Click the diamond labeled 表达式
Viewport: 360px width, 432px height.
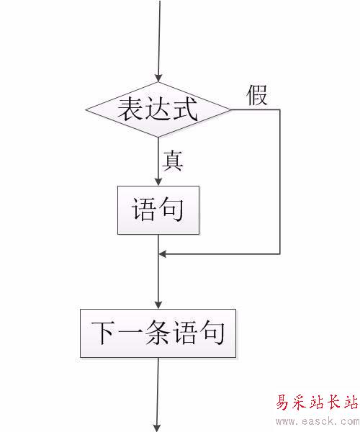pyautogui.click(x=158, y=109)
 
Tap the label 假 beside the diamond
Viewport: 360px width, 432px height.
pyautogui.click(x=257, y=95)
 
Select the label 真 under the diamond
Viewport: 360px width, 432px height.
pyautogui.click(x=173, y=161)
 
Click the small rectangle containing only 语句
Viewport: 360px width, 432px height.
pyautogui.click(x=158, y=210)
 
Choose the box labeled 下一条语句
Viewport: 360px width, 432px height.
pyautogui.click(x=158, y=333)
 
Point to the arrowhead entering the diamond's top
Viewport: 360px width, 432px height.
pyautogui.click(x=158, y=78)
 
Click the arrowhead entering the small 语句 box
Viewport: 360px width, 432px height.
pyautogui.click(x=158, y=182)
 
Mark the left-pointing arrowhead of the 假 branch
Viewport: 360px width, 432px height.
pyautogui.click(x=163, y=253)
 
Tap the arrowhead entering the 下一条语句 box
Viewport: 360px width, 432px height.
pyautogui.click(x=158, y=305)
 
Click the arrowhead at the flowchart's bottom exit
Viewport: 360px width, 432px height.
pyautogui.click(x=157, y=428)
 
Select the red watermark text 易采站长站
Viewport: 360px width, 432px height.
pyautogui.click(x=317, y=402)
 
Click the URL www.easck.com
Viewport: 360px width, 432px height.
pyautogui.click(x=318, y=421)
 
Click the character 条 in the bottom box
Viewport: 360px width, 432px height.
pyautogui.click(x=157, y=333)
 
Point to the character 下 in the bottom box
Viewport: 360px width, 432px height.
pyautogui.click(x=102, y=333)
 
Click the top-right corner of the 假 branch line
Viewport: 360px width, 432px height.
pyautogui.click(x=280, y=110)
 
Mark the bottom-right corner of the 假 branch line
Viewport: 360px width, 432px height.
pyautogui.click(x=280, y=253)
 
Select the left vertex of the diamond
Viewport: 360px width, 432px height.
pyautogui.click(x=86, y=109)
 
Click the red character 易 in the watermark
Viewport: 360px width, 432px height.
pyautogui.click(x=284, y=402)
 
